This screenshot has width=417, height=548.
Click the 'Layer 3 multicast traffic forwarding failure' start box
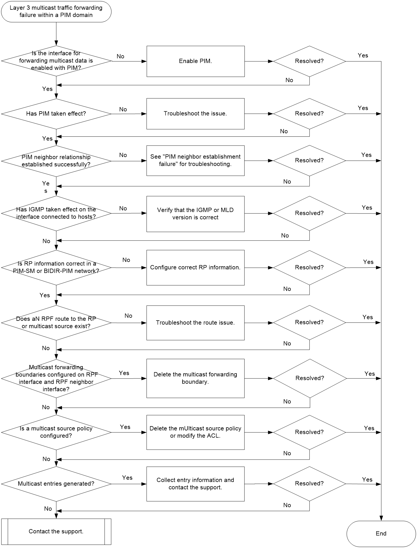coord(56,11)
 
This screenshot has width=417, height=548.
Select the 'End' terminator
coord(381,533)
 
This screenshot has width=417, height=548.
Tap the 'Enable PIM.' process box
coord(196,61)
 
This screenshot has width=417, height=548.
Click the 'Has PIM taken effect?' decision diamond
coord(56,114)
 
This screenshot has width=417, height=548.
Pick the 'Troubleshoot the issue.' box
coord(196,114)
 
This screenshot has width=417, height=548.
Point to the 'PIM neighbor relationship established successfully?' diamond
coord(56,161)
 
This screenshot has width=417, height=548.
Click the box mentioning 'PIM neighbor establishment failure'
coord(196,160)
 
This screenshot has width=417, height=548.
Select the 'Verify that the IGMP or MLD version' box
coord(196,214)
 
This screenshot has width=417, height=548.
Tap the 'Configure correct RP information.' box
coord(196,267)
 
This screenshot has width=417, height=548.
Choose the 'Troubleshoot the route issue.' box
coord(196,323)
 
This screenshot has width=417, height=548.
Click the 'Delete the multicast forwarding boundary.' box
coord(196,378)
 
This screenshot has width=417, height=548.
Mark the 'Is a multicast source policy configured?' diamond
coord(56,432)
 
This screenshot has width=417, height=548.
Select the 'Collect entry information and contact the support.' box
coord(196,484)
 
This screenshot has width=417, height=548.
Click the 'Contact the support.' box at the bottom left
coord(56,531)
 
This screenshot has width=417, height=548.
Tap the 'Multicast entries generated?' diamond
coord(56,484)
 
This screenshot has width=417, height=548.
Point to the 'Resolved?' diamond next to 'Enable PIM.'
coord(309,61)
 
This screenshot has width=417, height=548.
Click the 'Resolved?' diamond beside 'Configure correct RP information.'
coord(309,267)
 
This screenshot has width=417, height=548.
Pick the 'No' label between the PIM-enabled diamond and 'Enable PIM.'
coord(121,56)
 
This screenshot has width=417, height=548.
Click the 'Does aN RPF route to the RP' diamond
coord(56,323)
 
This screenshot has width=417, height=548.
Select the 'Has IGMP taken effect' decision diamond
coord(56,213)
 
